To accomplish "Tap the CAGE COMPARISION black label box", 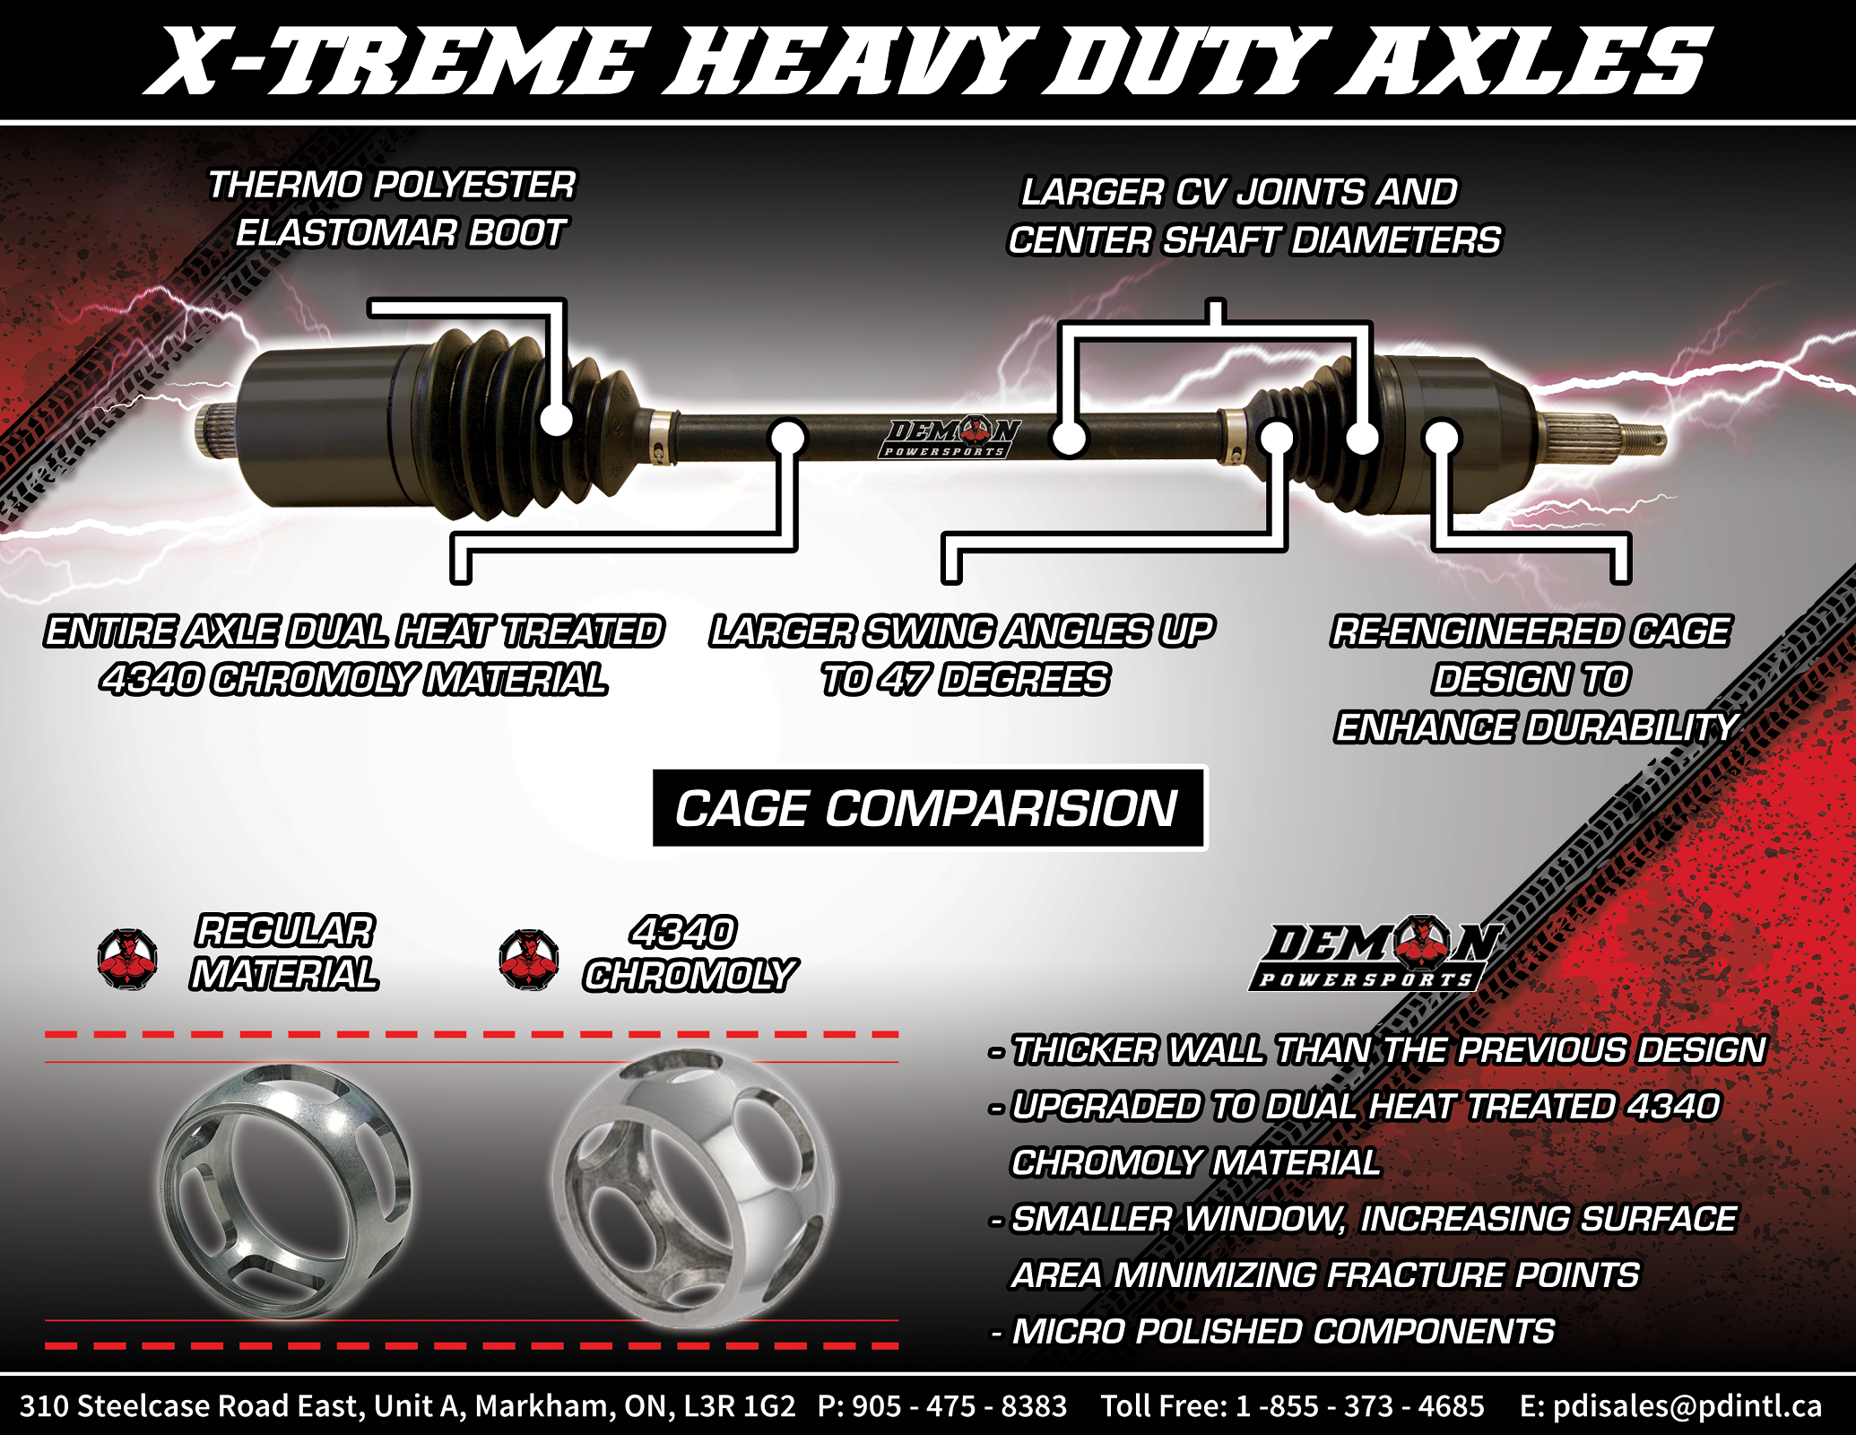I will pyautogui.click(x=928, y=808).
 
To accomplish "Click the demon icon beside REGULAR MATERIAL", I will pyautogui.click(x=127, y=958).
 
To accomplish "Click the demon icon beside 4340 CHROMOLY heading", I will pyautogui.click(x=528, y=958).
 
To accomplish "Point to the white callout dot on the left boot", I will pyautogui.click(x=557, y=419).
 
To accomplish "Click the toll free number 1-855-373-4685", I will pyautogui.click(x=1360, y=1405).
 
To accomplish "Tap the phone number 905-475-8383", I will pyautogui.click(x=959, y=1405).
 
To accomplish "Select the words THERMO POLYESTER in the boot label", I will pyautogui.click(x=392, y=186).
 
